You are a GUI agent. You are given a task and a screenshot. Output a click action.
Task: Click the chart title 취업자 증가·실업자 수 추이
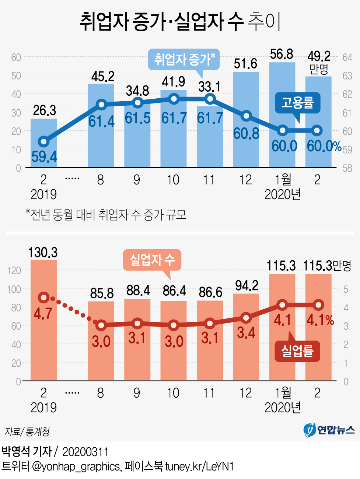coord(180,21)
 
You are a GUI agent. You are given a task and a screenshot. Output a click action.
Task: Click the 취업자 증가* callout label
coord(184,59)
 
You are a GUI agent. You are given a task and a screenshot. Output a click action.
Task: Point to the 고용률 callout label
coord(297,102)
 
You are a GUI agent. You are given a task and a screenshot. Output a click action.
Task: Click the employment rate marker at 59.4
coord(44,141)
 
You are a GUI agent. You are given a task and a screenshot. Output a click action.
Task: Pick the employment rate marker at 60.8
coord(246,116)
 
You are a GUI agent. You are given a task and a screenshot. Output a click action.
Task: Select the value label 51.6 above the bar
coord(245,64)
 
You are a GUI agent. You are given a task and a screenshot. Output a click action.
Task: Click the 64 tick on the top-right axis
coord(347,57)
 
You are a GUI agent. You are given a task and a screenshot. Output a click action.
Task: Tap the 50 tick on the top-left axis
coord(16,76)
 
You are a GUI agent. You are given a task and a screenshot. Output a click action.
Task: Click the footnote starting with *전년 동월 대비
coord(106,214)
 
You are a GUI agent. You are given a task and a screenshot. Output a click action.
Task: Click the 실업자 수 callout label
coord(152,260)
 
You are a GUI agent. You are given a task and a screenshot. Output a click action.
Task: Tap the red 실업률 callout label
coord(297,351)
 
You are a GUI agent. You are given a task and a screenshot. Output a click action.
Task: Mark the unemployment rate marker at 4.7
coord(44,297)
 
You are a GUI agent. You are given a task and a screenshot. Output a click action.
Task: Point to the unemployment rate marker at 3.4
coord(246,318)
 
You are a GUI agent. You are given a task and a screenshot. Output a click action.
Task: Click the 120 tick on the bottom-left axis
coord(14,271)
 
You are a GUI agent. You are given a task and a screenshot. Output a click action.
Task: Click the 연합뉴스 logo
coord(329,430)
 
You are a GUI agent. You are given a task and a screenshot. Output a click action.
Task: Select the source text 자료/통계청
coord(27,432)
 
